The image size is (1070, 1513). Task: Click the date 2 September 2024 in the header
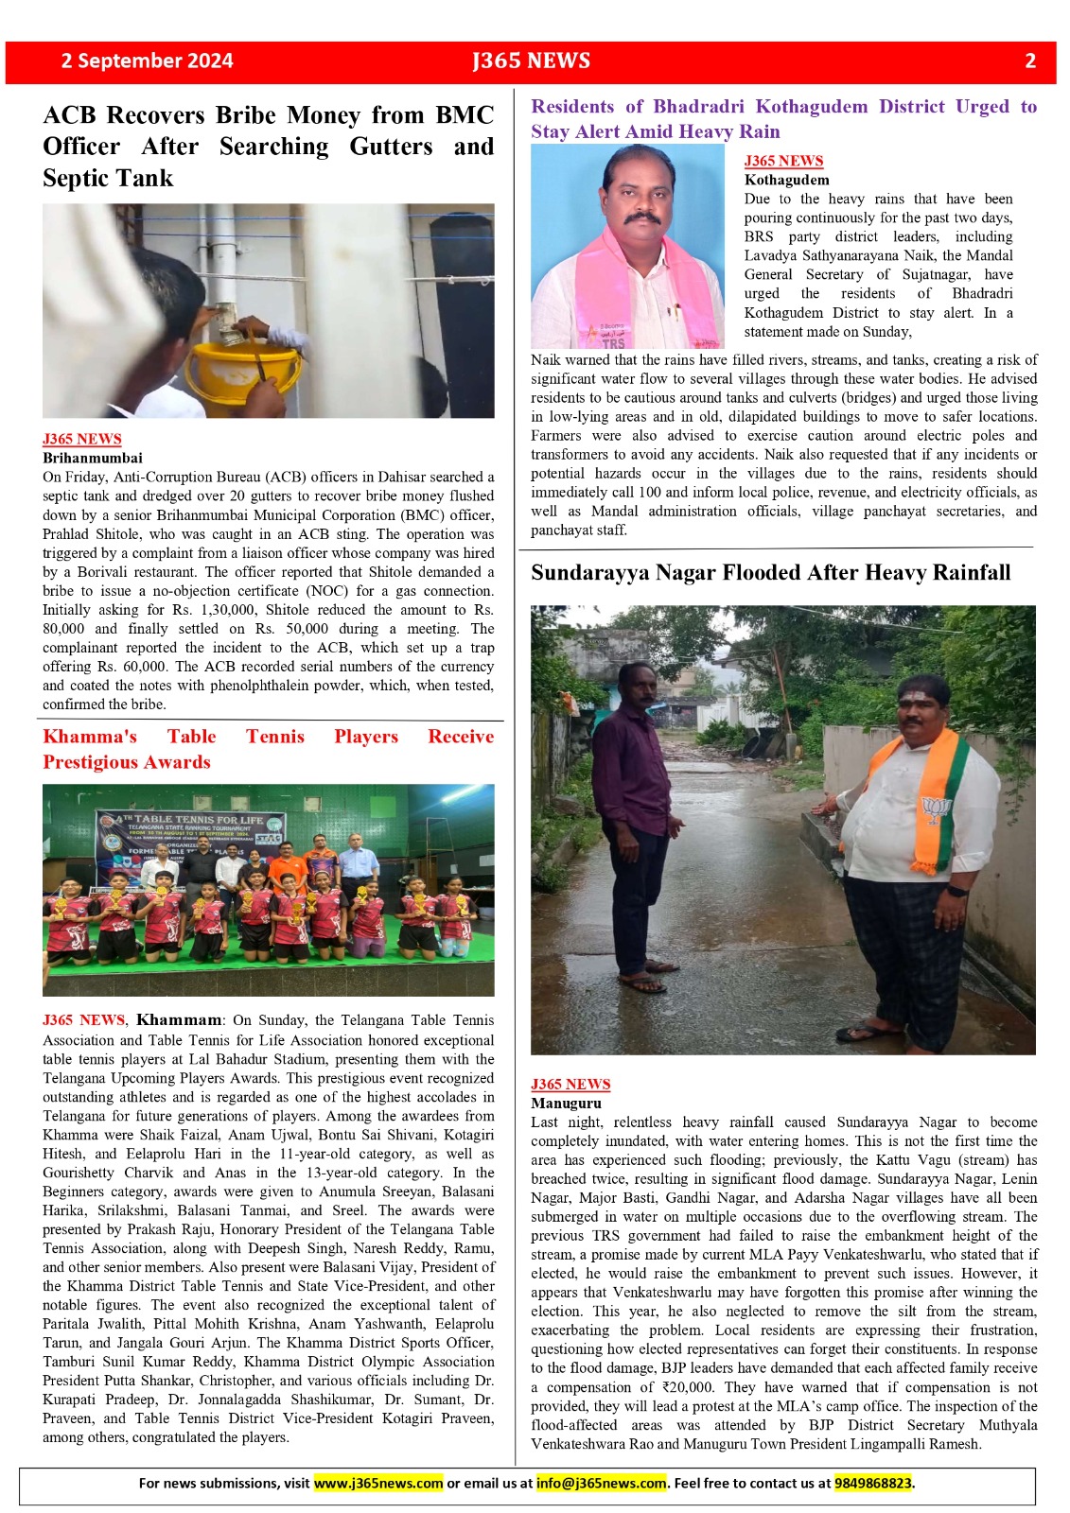(147, 61)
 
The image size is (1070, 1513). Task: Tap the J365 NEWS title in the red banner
(531, 61)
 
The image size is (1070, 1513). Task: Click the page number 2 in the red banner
(1030, 61)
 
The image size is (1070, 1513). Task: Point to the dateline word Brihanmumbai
(92, 458)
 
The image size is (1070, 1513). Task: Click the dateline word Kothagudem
(786, 180)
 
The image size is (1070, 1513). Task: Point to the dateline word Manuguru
(566, 1103)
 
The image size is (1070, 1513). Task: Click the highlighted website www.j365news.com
(377, 1483)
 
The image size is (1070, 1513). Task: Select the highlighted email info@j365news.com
(601, 1483)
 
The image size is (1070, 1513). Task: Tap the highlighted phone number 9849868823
(873, 1483)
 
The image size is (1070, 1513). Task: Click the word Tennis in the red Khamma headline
(275, 737)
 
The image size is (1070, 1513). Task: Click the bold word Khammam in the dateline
(178, 1020)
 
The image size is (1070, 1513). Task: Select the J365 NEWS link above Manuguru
(570, 1084)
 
